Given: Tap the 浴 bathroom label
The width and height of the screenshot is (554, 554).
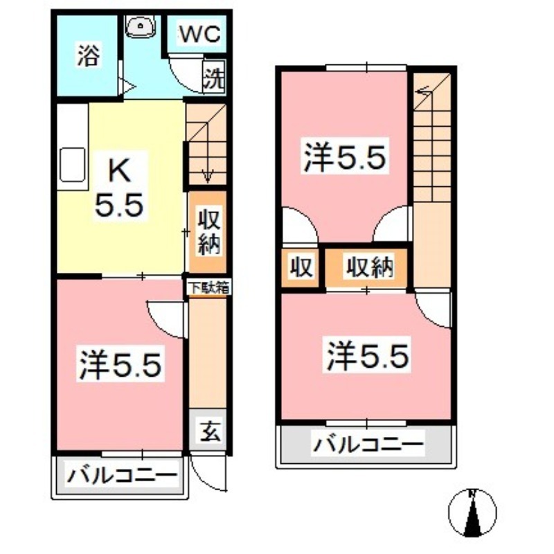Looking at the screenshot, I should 87,55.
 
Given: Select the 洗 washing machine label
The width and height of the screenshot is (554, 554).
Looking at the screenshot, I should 213,78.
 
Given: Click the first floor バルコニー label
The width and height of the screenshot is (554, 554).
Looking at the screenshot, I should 122,477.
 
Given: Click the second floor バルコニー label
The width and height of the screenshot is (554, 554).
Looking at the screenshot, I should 367,444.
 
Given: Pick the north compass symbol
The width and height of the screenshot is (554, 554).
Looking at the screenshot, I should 473,513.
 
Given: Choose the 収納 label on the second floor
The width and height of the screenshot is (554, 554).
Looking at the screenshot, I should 370,266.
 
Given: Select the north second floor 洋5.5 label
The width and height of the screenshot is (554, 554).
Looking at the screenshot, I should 344,159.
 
